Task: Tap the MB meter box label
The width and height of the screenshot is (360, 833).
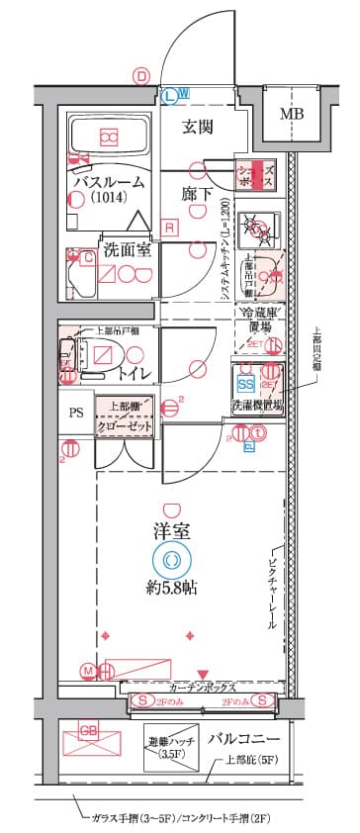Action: click(x=291, y=114)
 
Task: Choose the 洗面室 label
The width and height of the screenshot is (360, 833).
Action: click(x=128, y=249)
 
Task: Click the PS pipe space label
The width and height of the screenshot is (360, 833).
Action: click(x=75, y=414)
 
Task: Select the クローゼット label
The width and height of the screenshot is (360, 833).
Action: click(x=126, y=423)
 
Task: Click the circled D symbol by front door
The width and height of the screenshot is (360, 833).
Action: click(x=143, y=75)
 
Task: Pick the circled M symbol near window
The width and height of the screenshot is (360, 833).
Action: click(x=88, y=672)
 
